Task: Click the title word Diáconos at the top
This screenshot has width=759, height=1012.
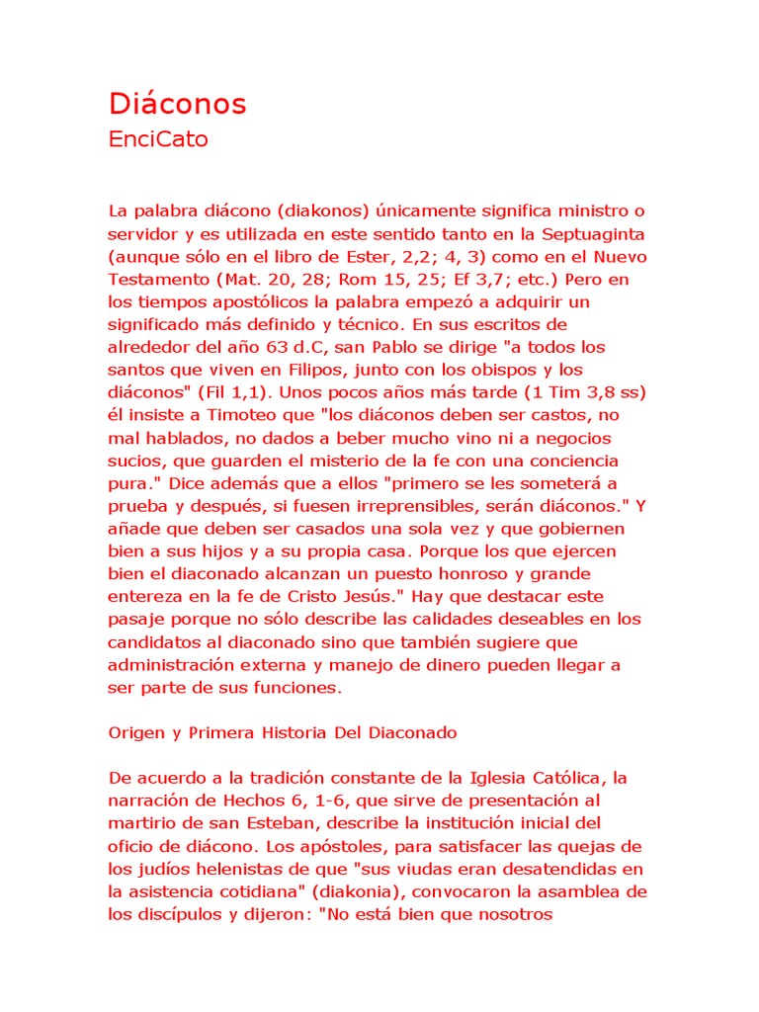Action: click(x=177, y=104)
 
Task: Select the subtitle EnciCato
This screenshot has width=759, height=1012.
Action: click(x=158, y=139)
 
